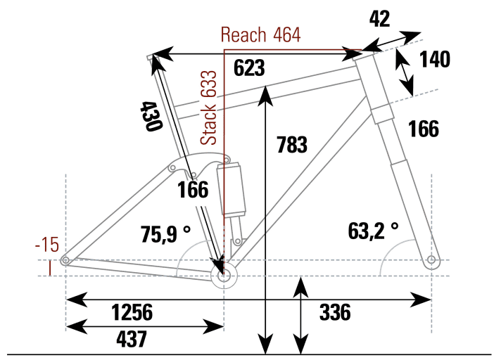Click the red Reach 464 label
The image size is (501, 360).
[x=260, y=34]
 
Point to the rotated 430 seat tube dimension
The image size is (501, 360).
[x=151, y=117]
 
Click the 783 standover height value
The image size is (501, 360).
[x=291, y=145]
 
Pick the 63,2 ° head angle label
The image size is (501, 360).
[x=372, y=230]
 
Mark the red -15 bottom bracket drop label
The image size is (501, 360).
[x=47, y=245]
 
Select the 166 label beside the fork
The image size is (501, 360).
[x=422, y=129]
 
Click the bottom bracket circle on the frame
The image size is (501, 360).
[x=224, y=275]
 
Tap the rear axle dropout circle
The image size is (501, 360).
[x=65, y=261]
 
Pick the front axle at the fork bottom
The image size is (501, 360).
[x=431, y=261]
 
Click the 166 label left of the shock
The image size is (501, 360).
[x=193, y=191]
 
